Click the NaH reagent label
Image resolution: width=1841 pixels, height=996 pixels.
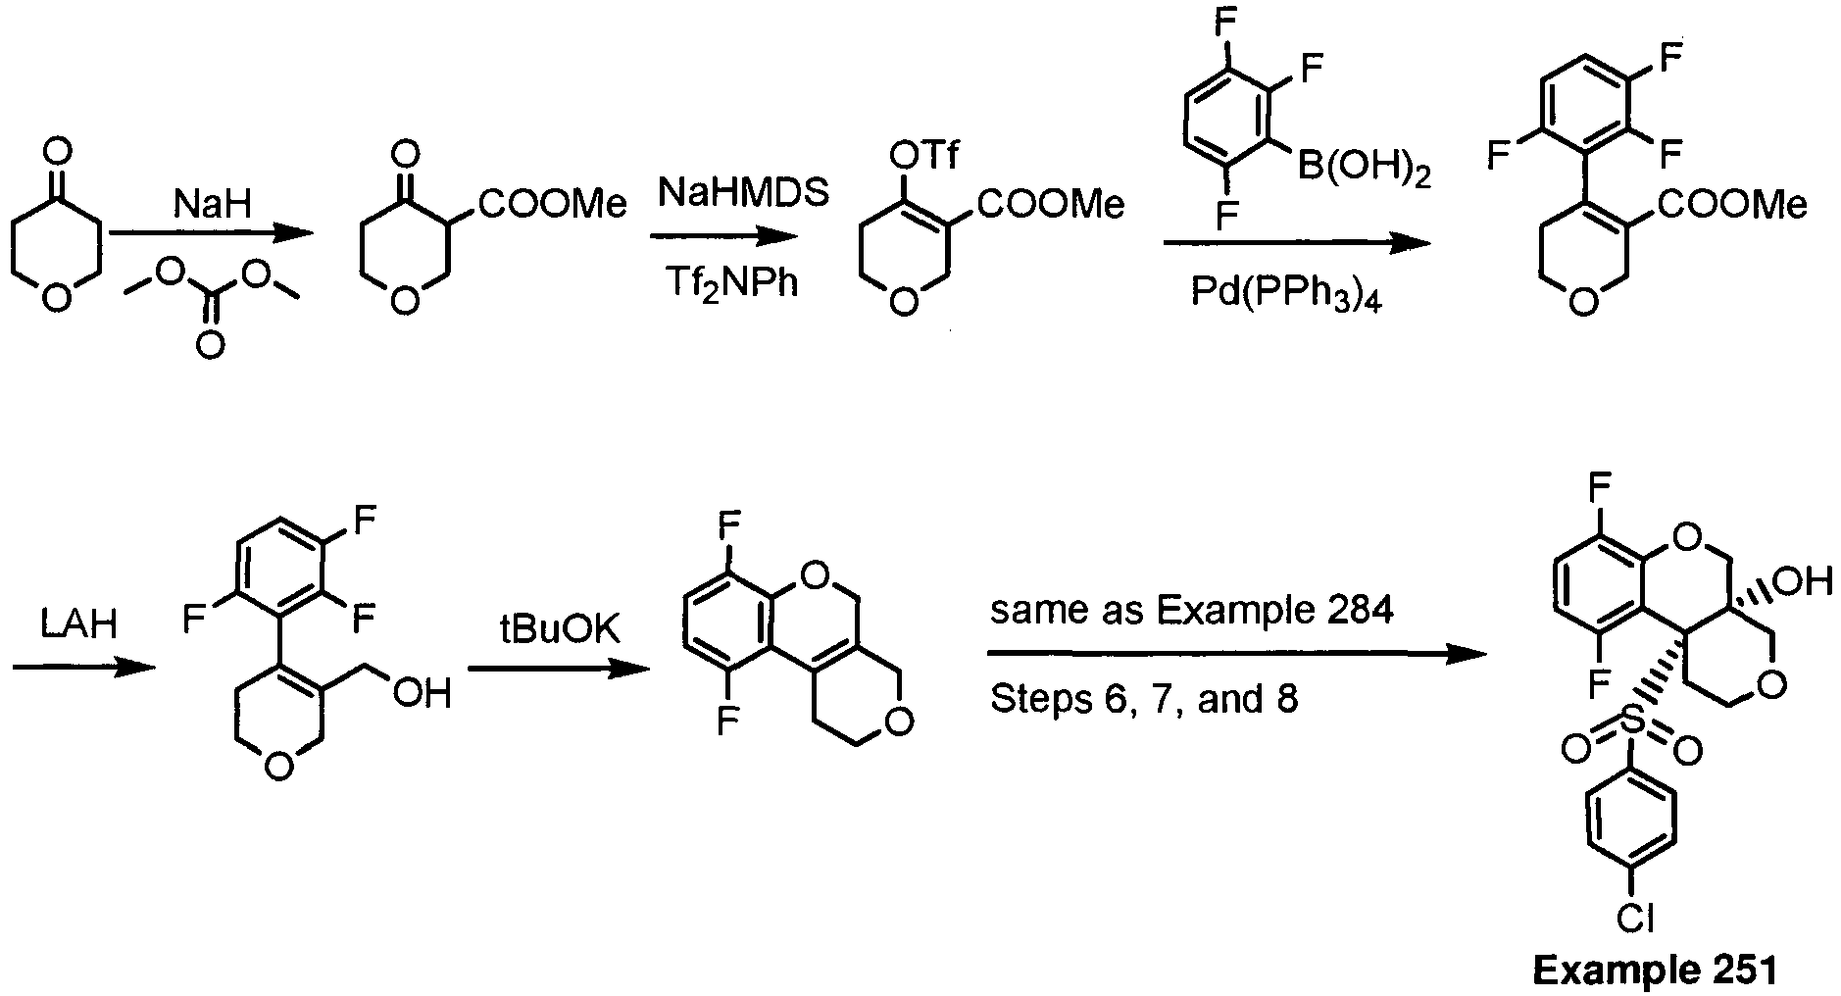[212, 205]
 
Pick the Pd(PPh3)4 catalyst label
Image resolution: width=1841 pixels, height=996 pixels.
[1286, 292]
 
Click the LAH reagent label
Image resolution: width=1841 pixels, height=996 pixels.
[80, 624]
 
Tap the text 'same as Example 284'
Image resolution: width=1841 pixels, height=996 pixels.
[1191, 612]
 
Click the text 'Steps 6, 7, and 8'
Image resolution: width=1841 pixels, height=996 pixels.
[1144, 698]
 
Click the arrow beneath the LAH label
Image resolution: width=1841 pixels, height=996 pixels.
[84, 668]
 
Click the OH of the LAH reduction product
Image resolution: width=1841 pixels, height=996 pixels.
[424, 694]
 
